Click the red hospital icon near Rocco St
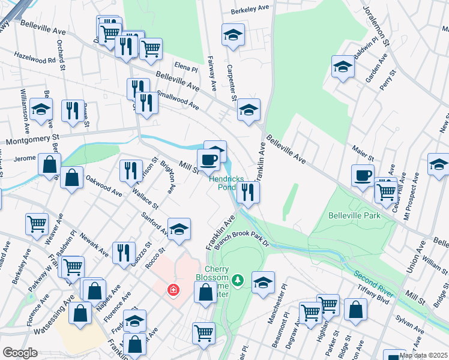pos(173,290)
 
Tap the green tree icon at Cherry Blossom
pos(238,280)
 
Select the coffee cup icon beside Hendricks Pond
pos(208,160)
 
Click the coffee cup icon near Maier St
pos(363,175)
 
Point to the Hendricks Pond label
pos(222,183)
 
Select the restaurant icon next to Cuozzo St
pos(124,253)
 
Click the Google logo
pos(20,353)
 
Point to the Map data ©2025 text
pos(423,355)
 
